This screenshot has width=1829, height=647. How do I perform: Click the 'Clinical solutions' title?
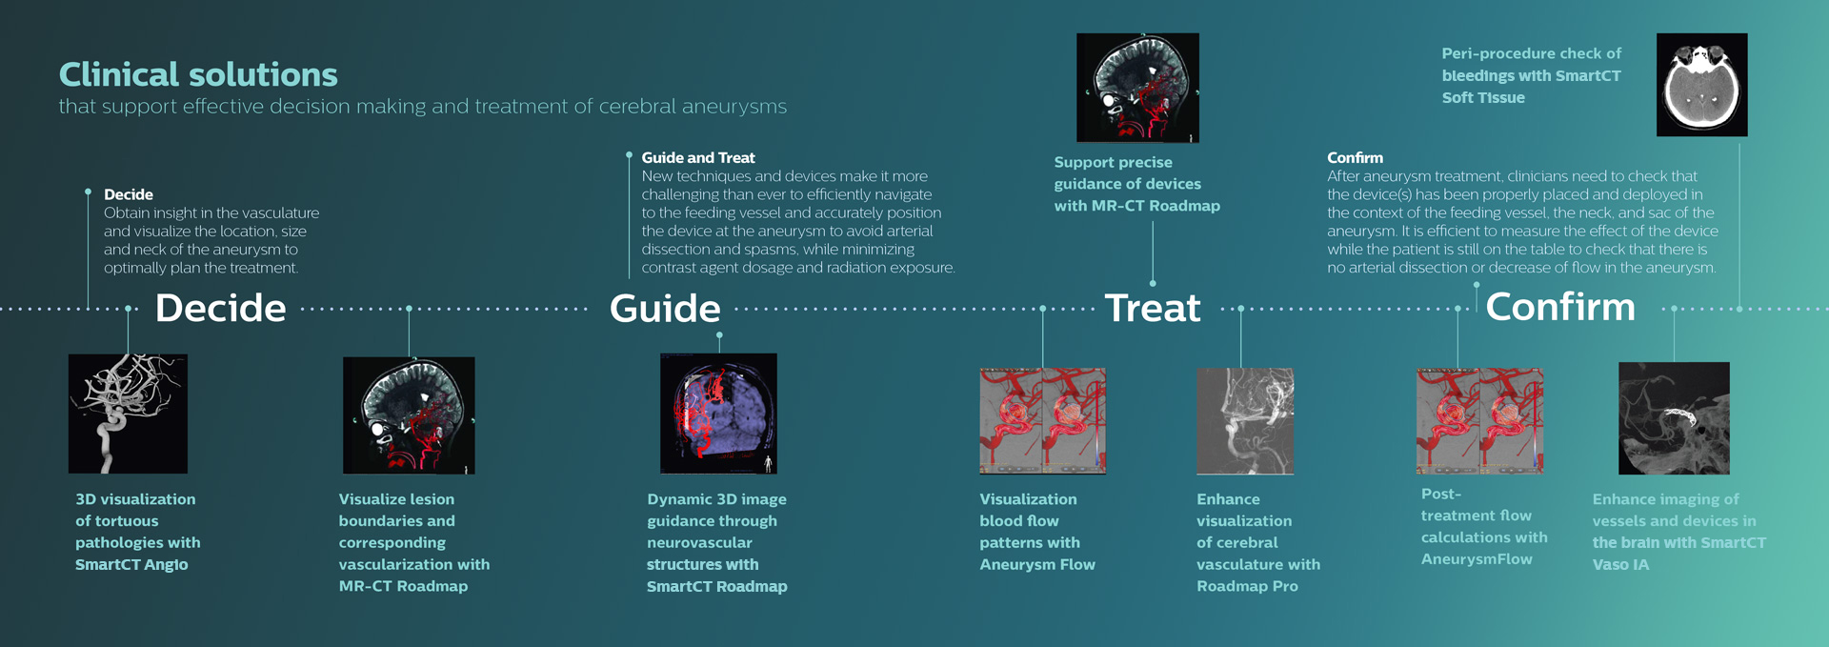click(198, 75)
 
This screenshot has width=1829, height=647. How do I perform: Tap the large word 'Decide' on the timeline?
click(220, 309)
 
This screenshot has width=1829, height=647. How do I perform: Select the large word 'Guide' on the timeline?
click(665, 309)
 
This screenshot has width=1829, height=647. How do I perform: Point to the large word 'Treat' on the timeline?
click(1153, 309)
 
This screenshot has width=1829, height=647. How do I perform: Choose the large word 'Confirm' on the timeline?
click(1560, 308)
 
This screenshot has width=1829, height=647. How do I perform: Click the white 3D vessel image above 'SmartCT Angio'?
click(128, 414)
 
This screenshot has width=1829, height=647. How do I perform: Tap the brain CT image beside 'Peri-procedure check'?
click(1701, 85)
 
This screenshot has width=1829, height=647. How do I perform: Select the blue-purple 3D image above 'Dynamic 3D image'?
click(718, 414)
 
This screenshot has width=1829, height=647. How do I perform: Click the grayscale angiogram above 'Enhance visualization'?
click(1245, 421)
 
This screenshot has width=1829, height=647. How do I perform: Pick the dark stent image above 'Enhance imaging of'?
click(1674, 418)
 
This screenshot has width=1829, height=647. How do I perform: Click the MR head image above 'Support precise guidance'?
click(1137, 88)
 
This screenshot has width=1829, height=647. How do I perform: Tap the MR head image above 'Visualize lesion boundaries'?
click(409, 415)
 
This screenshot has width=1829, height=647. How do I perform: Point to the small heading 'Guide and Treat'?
click(698, 158)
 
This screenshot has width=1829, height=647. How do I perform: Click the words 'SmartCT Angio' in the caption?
click(131, 565)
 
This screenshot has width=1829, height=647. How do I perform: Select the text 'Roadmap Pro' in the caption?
click(1247, 587)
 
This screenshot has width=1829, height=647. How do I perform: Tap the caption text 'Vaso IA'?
click(1620, 565)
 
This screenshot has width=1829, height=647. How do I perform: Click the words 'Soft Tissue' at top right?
click(1483, 98)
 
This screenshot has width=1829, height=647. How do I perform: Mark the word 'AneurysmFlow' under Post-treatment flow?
click(1477, 559)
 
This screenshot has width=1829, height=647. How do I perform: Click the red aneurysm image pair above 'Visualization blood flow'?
click(1043, 421)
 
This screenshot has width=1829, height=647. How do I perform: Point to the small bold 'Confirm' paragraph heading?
click(1355, 158)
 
